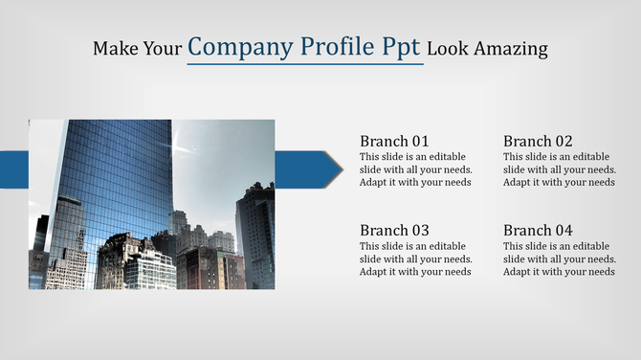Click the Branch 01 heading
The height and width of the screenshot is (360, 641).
point(394,141)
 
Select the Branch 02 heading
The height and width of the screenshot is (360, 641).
point(538,141)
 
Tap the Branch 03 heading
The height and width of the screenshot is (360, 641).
point(394,230)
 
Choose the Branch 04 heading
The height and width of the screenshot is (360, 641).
point(538,230)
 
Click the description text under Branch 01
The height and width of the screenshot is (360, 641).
point(415,169)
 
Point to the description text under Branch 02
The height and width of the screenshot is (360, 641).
point(559,169)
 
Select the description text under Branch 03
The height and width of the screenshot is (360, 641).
point(415,259)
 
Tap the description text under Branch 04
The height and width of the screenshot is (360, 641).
point(559,259)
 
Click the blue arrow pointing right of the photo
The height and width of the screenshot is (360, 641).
point(308,169)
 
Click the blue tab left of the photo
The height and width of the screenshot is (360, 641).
point(13,169)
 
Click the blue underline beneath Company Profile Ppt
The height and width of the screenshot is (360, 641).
point(304,65)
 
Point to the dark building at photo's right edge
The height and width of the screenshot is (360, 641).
point(256,235)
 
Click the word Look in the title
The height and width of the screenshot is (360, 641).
point(446,48)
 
